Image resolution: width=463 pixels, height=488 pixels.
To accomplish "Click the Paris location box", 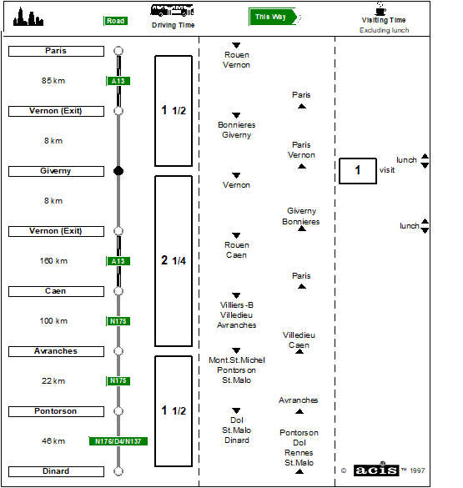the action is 56,51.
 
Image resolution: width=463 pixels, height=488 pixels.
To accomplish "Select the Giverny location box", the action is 56,171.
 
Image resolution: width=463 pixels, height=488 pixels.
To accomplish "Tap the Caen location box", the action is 56,291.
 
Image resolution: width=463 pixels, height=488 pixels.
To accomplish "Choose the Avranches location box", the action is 56,351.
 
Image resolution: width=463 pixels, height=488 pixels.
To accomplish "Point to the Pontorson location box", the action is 56,411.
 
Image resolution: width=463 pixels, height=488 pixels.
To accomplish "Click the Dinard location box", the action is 56,471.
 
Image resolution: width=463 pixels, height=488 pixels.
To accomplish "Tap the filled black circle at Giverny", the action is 118,171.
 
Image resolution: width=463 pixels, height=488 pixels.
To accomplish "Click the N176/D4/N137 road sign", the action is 118,441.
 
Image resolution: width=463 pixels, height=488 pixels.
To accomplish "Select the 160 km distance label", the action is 53,261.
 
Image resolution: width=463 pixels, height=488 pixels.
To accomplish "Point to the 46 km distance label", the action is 53,441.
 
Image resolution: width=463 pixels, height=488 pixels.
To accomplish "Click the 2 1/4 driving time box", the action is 174,261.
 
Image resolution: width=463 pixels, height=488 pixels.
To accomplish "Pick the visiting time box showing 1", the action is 358,171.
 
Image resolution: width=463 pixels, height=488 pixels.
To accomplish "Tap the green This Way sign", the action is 273,17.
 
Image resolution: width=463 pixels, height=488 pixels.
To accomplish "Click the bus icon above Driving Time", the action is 172,10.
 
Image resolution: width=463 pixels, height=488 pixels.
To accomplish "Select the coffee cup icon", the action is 380,8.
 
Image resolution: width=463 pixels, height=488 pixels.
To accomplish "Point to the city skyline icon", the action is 28,17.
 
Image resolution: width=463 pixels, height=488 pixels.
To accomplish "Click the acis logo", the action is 376,470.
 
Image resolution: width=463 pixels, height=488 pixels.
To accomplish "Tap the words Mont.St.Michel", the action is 237,360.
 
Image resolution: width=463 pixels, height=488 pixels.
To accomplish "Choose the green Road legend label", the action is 115,21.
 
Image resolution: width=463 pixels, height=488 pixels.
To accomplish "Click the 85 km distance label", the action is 53,81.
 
